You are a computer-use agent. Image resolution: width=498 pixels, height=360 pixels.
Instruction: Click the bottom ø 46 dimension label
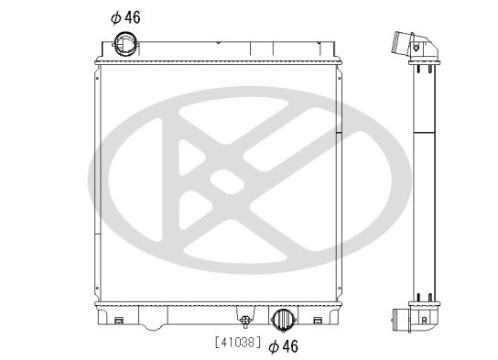pyautogui.click(x=285, y=345)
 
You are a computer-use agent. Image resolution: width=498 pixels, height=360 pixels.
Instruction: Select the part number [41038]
pyautogui.click(x=237, y=344)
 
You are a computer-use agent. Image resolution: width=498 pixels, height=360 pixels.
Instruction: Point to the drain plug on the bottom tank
pyautogui.click(x=244, y=319)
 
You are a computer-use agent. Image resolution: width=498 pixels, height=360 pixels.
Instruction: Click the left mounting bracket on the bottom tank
pyautogui.click(x=120, y=320)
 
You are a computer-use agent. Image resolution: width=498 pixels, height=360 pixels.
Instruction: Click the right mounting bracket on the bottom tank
pyautogui.click(x=317, y=320)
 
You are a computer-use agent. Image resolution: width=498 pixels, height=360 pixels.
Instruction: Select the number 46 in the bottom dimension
pyautogui.click(x=290, y=345)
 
